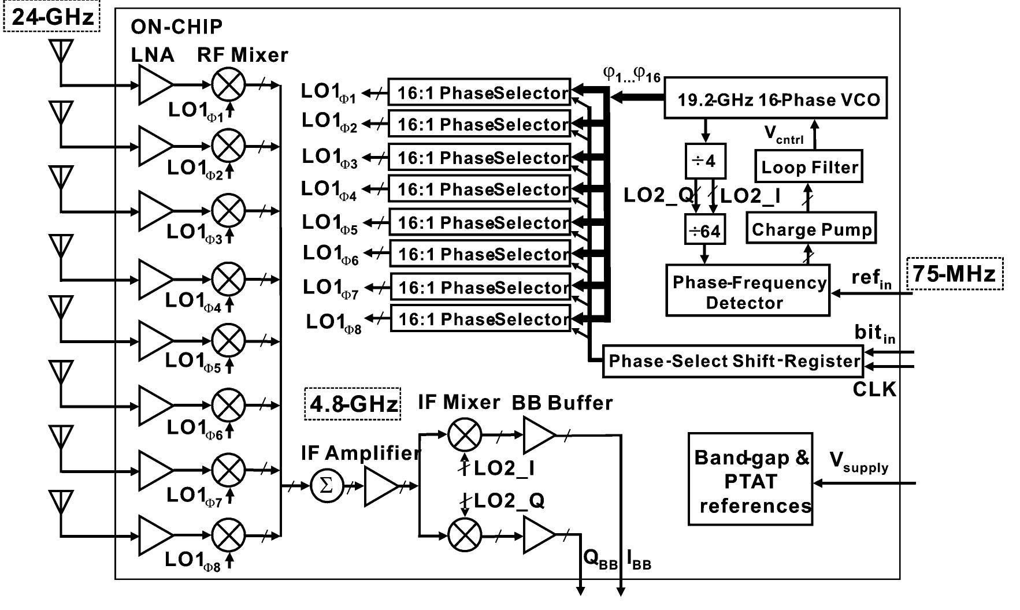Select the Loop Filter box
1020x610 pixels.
point(809,167)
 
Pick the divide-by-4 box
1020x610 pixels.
point(704,161)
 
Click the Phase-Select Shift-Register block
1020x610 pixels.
point(733,361)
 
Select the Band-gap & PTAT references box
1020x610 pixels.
point(750,479)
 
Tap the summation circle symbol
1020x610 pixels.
point(327,486)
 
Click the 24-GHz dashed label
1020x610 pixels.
point(53,17)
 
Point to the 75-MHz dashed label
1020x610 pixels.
point(954,274)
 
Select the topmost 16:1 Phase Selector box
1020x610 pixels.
point(479,92)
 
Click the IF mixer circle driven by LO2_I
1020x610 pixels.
point(464,435)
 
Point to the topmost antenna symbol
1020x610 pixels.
point(60,50)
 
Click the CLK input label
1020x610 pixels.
point(874,390)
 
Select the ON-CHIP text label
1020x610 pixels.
point(176,27)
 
